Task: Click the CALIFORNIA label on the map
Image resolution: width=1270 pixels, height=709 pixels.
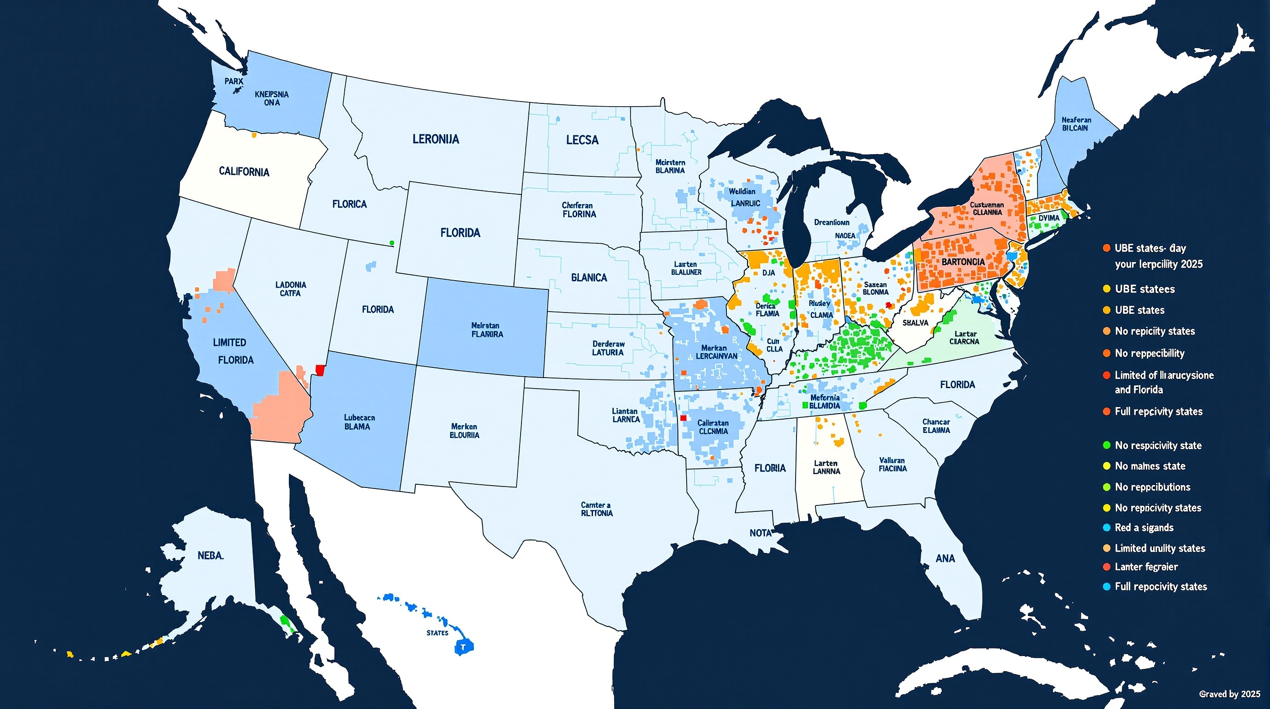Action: [x=244, y=172]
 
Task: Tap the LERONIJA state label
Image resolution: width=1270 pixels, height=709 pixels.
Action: [x=435, y=139]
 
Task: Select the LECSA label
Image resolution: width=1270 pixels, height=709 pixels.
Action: [x=582, y=140]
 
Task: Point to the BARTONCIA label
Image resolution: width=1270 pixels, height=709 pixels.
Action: [x=963, y=262]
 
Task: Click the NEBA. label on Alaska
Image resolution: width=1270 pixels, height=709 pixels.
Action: [x=210, y=556]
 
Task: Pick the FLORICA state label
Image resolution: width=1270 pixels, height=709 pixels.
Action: [x=349, y=204]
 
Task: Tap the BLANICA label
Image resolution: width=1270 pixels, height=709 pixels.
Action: [x=589, y=277]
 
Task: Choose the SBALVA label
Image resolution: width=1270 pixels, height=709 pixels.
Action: [x=915, y=323]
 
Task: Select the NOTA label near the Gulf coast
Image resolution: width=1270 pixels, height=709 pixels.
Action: [x=760, y=533]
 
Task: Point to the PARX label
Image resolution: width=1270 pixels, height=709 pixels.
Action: [x=234, y=81]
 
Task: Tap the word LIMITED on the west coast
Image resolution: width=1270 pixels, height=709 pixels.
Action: [x=229, y=342]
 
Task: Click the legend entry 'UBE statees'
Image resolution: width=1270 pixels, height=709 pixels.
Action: [x=1145, y=289]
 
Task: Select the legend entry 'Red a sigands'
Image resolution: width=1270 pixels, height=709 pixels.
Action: [x=1144, y=528]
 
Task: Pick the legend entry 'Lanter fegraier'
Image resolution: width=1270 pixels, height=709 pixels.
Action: [x=1146, y=567]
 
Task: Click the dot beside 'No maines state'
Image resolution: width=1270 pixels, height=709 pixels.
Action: [x=1107, y=466]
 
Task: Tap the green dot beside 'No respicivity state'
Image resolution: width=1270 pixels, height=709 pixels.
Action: [x=1107, y=445]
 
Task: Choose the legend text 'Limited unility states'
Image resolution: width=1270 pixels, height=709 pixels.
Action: [x=1160, y=548]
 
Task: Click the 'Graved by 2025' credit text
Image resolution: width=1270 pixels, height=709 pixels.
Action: [x=1229, y=694]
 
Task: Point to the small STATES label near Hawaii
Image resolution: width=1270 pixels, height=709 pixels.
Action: [x=437, y=632]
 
